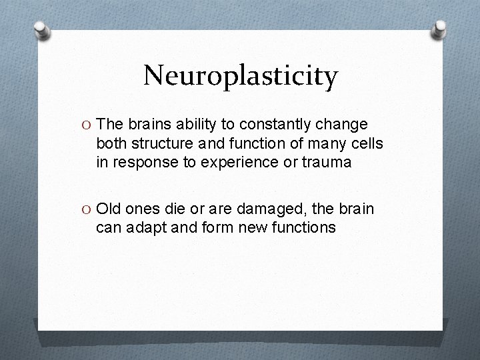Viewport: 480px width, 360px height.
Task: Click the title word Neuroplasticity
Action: (x=241, y=76)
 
